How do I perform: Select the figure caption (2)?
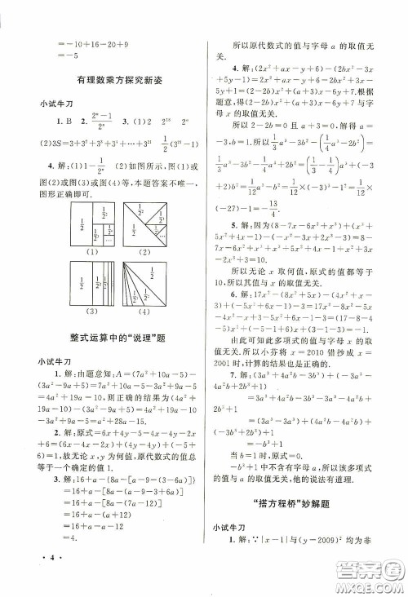[x=144, y=252]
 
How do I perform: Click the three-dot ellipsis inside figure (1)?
[x=106, y=239]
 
